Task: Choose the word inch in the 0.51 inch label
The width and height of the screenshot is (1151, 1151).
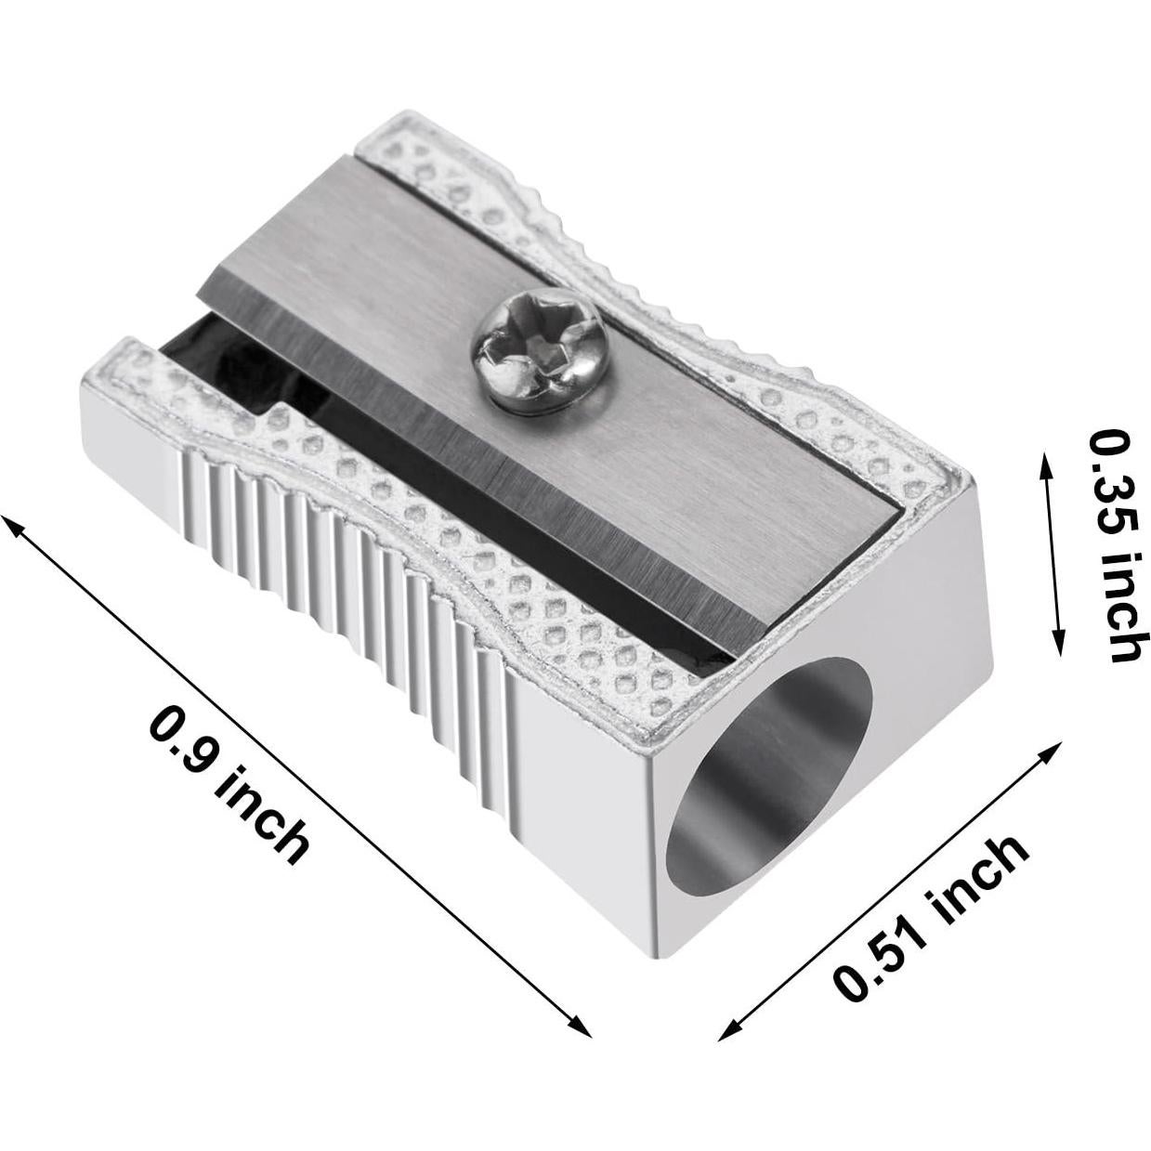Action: pos(975,878)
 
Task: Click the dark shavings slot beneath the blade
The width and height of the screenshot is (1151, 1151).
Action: pos(251,372)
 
